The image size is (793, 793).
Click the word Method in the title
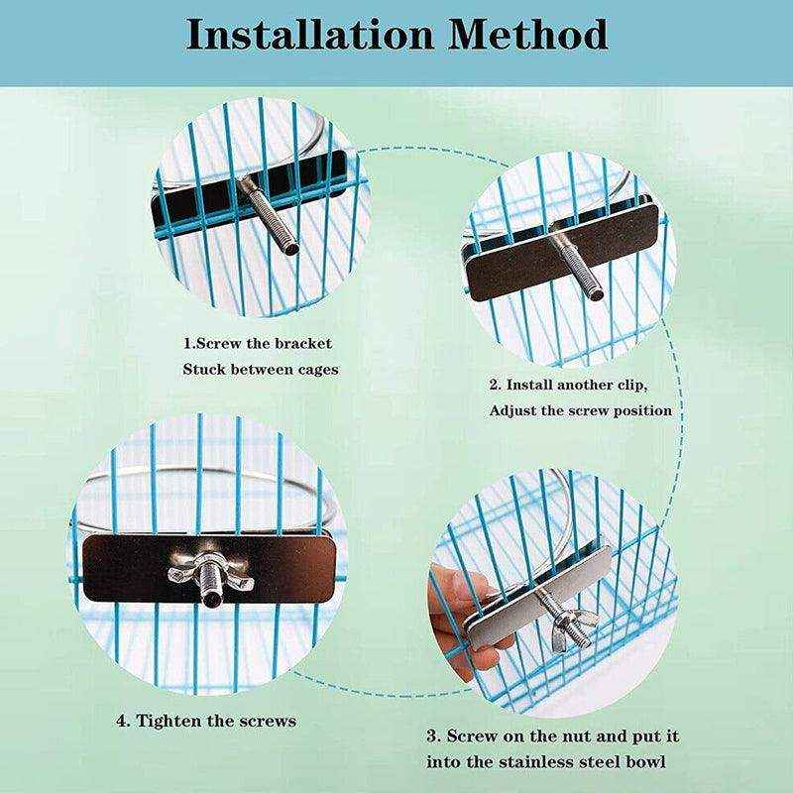[527, 35]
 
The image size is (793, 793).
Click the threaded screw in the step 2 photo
[577, 263]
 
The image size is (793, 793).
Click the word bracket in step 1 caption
[303, 344]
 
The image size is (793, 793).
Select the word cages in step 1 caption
[317, 370]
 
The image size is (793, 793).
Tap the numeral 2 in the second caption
[494, 385]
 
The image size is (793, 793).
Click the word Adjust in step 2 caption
[512, 411]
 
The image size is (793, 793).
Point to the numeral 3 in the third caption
[432, 736]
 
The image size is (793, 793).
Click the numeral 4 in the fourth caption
[122, 722]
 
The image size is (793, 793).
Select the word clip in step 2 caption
[631, 386]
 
